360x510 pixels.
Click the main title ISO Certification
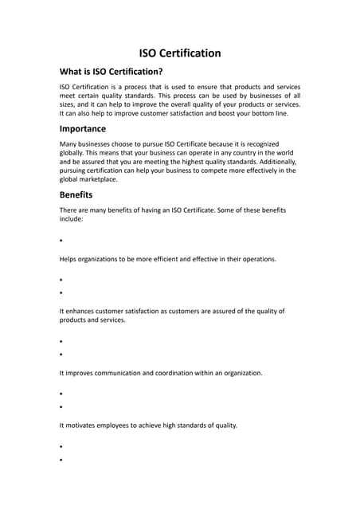(180, 53)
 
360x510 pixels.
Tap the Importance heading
(82, 128)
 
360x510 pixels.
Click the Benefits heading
(76, 194)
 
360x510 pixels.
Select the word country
(229, 152)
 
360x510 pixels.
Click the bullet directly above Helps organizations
(61, 241)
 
